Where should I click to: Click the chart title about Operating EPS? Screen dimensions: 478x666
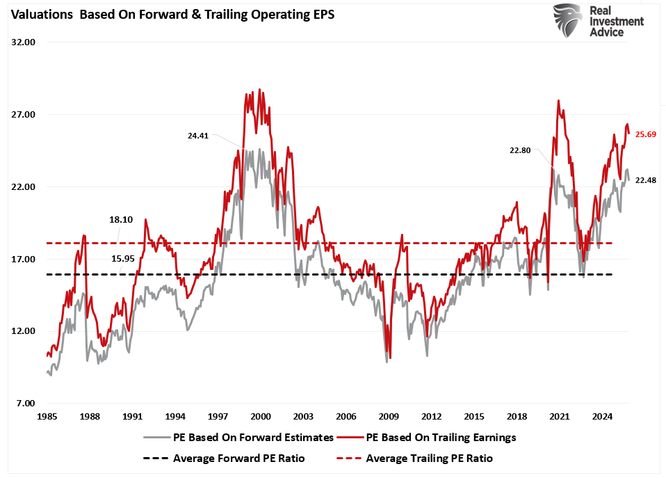[x=170, y=15]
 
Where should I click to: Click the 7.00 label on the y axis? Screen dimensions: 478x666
[x=25, y=404]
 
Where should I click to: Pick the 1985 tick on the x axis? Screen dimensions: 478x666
[x=47, y=417]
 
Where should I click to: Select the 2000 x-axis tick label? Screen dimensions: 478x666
[x=260, y=417]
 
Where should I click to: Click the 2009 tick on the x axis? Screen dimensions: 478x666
[x=389, y=417]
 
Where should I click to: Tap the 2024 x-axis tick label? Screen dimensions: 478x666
[x=602, y=417]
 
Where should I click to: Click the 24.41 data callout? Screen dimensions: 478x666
[x=198, y=136]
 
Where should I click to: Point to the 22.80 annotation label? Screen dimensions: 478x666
[x=519, y=150]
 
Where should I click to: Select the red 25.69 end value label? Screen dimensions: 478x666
[x=646, y=134]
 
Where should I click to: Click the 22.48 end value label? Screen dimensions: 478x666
[x=646, y=180]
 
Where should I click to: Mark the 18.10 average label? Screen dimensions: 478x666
[x=120, y=219]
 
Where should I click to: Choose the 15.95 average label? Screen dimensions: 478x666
[x=122, y=259]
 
